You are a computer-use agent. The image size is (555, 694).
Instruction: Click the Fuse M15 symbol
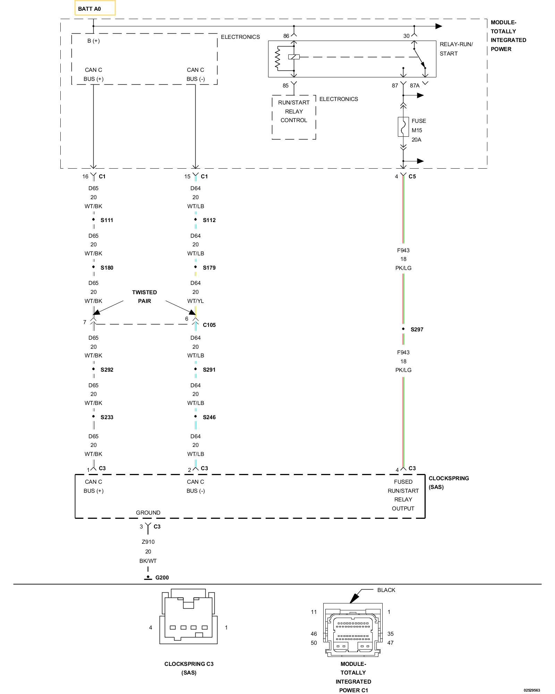(x=403, y=127)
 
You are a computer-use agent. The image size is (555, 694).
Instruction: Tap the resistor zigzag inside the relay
(x=277, y=58)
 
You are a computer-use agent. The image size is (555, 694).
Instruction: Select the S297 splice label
(x=417, y=329)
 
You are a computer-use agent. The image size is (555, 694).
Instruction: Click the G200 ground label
(x=162, y=577)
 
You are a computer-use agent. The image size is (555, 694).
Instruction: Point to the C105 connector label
(x=209, y=325)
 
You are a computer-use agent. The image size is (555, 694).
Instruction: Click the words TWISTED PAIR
(x=144, y=297)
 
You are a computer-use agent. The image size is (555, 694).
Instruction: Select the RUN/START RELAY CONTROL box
(x=294, y=117)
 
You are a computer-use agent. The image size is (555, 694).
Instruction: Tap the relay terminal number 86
(x=286, y=36)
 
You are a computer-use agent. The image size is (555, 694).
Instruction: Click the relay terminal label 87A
(x=415, y=85)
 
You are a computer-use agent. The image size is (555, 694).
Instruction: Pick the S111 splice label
(x=107, y=220)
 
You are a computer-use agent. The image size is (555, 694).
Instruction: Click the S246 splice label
(x=209, y=417)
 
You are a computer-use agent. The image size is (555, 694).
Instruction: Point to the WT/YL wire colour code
(x=196, y=301)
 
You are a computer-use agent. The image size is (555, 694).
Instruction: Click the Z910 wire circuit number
(x=148, y=542)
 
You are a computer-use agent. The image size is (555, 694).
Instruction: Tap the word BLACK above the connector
(x=386, y=590)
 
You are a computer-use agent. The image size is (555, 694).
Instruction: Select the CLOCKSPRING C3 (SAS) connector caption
(x=189, y=668)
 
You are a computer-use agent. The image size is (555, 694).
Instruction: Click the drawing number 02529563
(x=532, y=690)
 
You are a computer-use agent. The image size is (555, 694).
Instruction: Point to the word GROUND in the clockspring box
(x=148, y=513)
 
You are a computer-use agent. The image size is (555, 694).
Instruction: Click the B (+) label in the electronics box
(x=94, y=41)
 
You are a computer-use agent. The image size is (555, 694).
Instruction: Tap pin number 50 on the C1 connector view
(x=314, y=643)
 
